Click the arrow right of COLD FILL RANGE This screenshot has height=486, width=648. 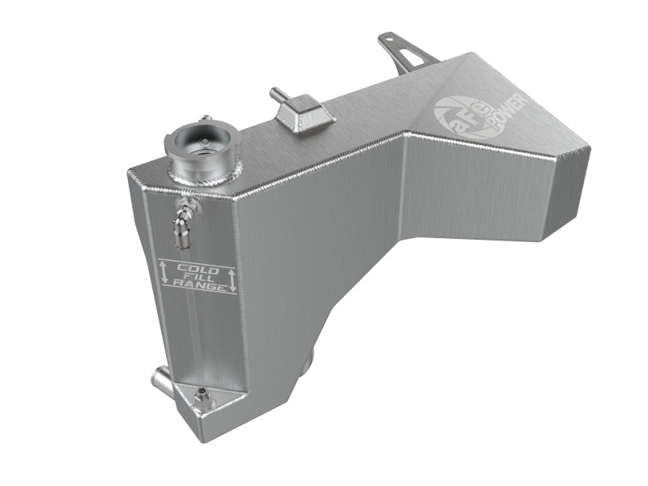pos(232,280)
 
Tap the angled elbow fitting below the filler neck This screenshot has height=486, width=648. pos(187,214)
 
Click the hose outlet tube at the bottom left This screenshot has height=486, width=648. pos(158,377)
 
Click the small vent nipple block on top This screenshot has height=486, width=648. pos(303,113)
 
